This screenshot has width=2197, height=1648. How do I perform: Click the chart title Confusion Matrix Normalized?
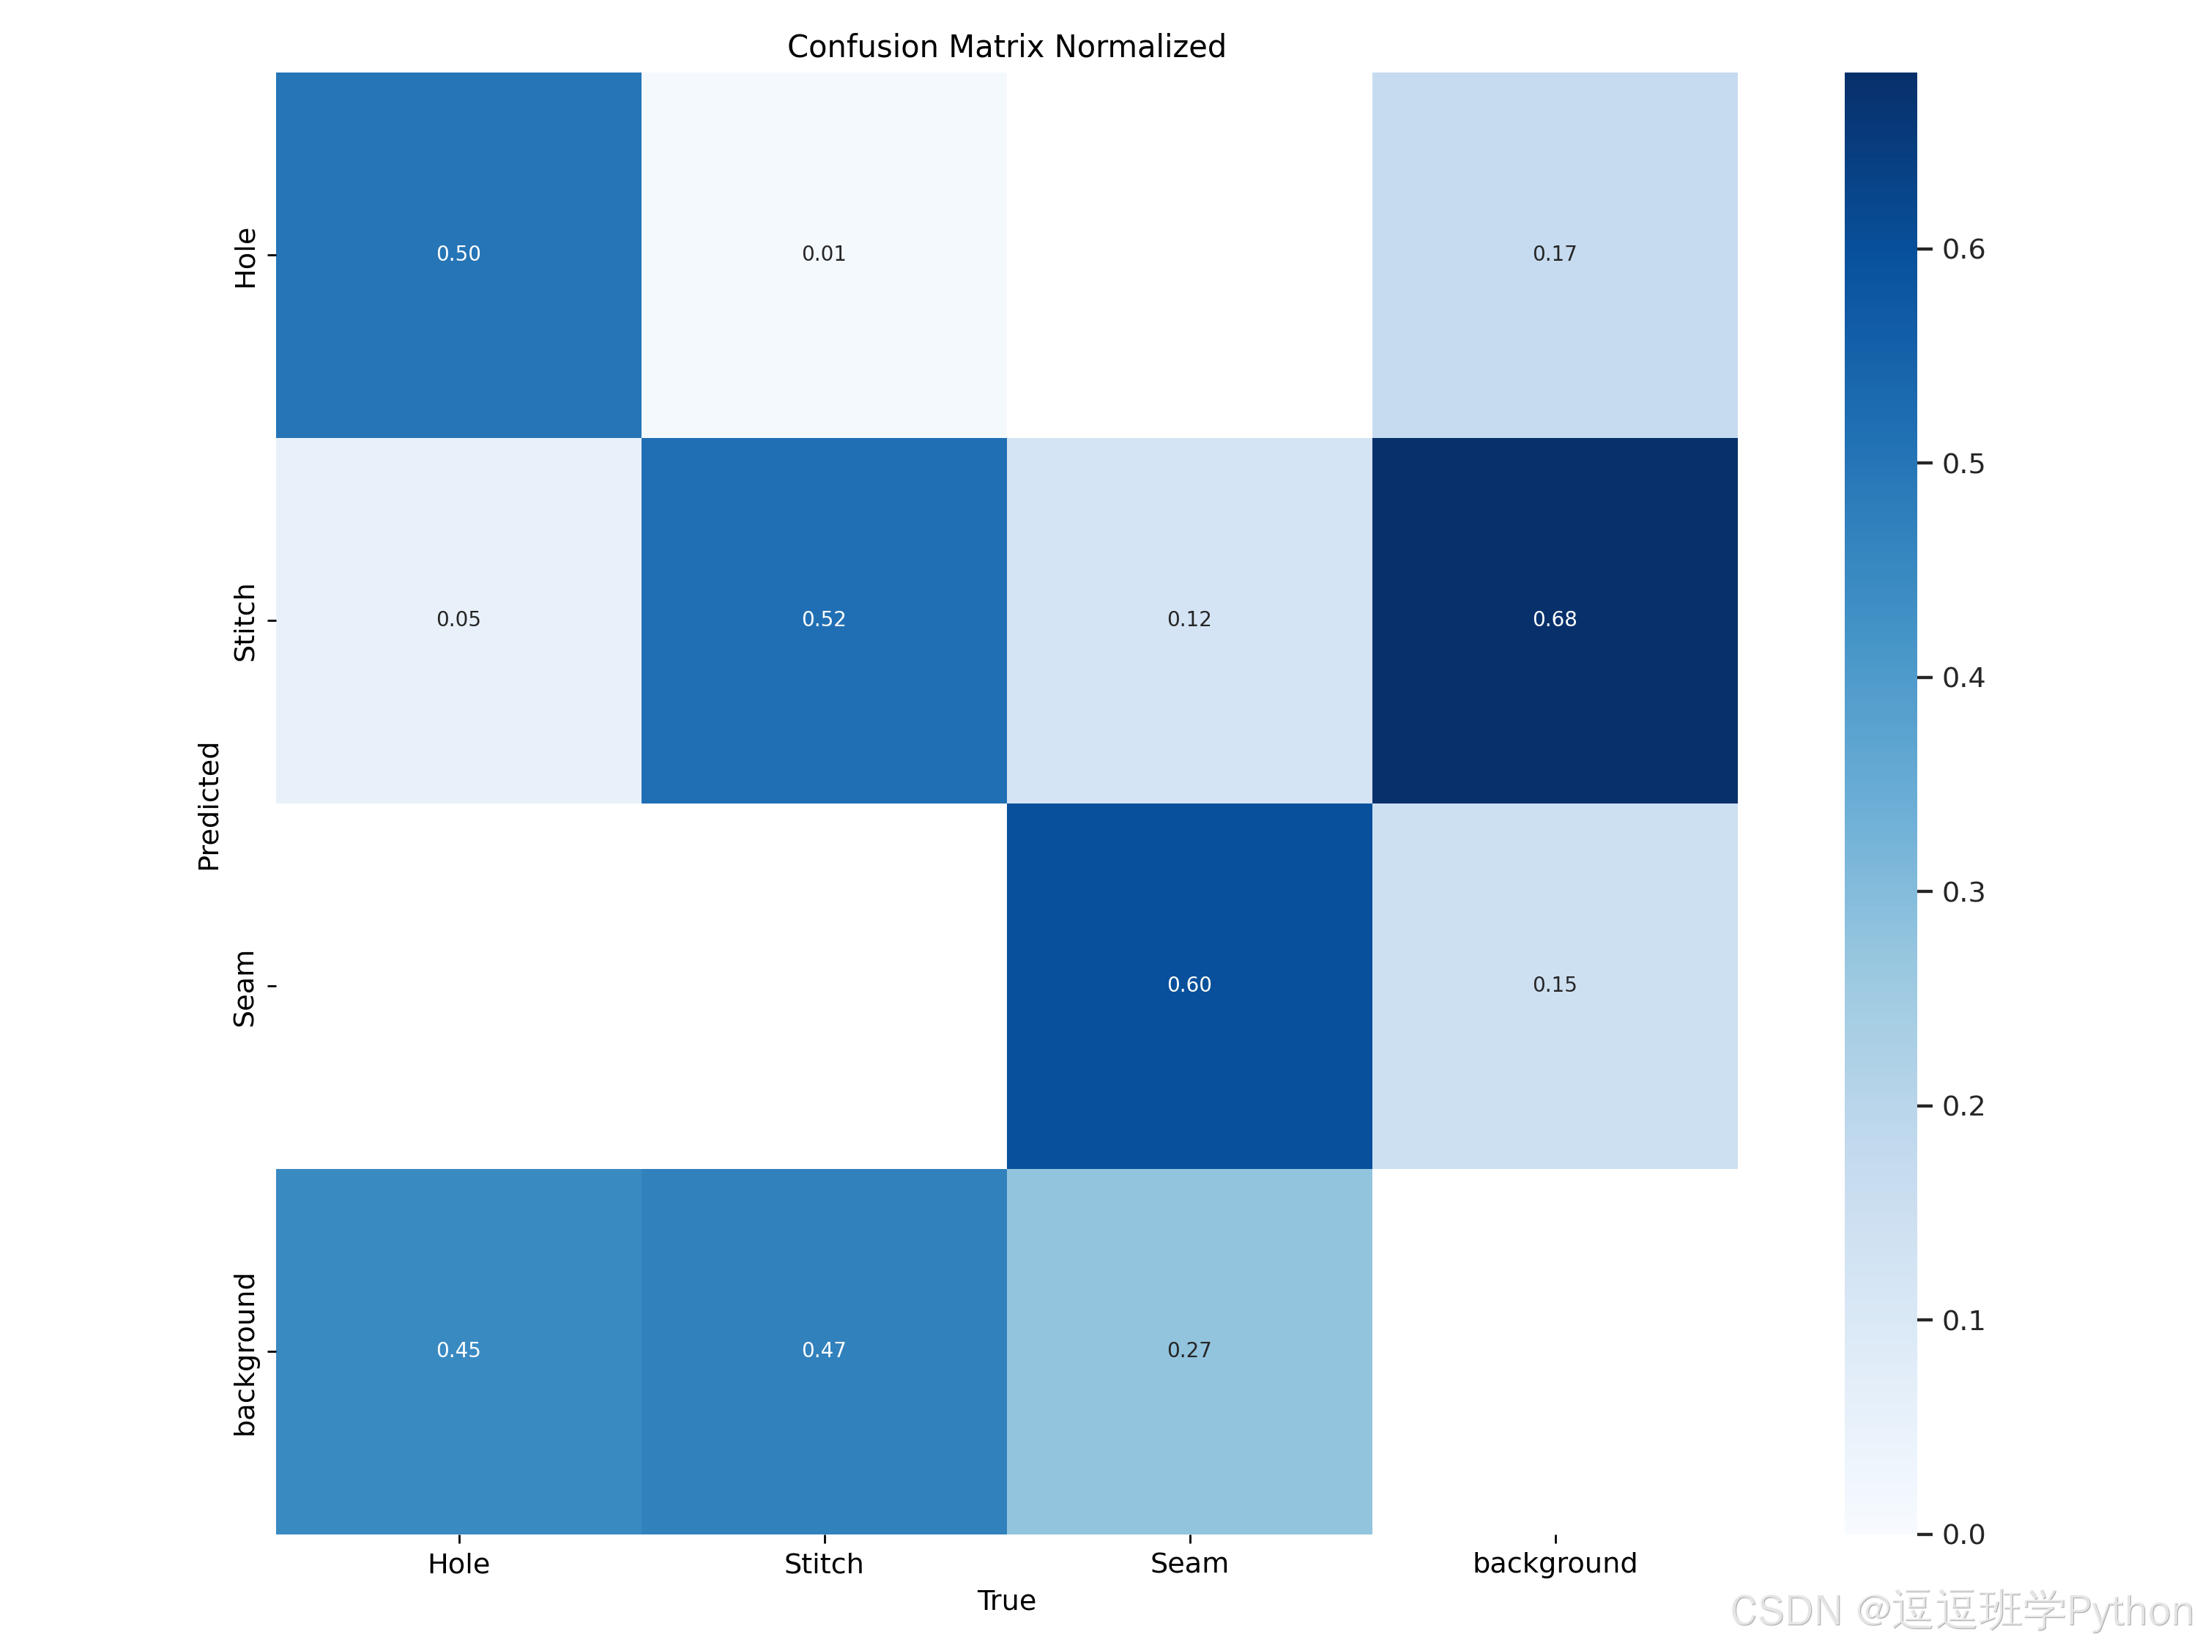(1006, 47)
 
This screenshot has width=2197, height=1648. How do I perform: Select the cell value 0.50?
(459, 254)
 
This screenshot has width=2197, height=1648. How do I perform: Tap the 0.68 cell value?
(1555, 620)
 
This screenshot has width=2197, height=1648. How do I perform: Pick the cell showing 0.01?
(825, 254)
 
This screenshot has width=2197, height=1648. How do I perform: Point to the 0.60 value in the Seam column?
(1189, 985)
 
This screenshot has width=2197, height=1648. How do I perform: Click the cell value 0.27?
(1189, 1351)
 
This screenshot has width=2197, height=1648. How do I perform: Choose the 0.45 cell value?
(459, 1351)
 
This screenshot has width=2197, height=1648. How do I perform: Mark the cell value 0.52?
(825, 620)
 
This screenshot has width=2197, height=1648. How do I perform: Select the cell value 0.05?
(459, 620)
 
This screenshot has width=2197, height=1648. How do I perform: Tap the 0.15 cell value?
(1555, 985)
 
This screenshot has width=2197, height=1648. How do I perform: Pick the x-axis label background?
(1555, 1565)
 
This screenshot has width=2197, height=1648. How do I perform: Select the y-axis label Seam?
(245, 988)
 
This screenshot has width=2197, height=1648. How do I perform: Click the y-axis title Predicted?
(209, 806)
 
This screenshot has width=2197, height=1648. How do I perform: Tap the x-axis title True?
(1006, 1601)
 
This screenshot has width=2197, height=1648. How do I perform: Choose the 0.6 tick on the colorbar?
(1963, 249)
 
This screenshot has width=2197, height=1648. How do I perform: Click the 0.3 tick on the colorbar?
(1963, 892)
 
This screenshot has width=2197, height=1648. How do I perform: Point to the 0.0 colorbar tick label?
(1963, 1534)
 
